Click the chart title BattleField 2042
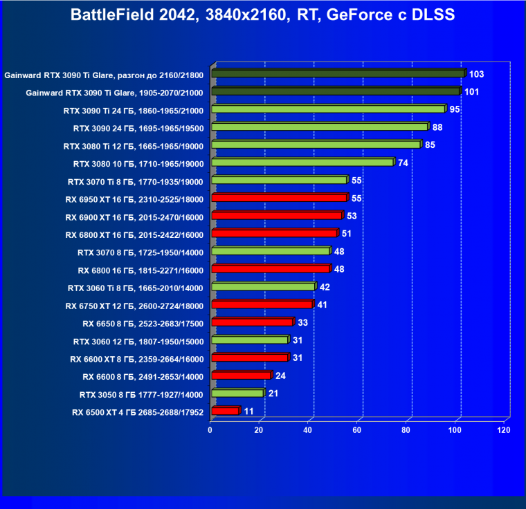(262, 15)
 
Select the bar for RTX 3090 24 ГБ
(320, 127)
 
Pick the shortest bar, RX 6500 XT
(225, 411)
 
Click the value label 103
(476, 73)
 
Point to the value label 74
(403, 163)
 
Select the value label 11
(249, 411)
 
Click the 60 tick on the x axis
(357, 430)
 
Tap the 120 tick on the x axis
(503, 430)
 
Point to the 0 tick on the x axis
(210, 430)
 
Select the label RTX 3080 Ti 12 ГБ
(134, 146)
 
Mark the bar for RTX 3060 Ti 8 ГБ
(263, 287)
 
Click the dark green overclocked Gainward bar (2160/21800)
(338, 73)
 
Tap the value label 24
(280, 376)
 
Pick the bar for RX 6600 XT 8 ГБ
(249, 358)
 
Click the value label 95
(455, 109)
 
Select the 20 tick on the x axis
(259, 430)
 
